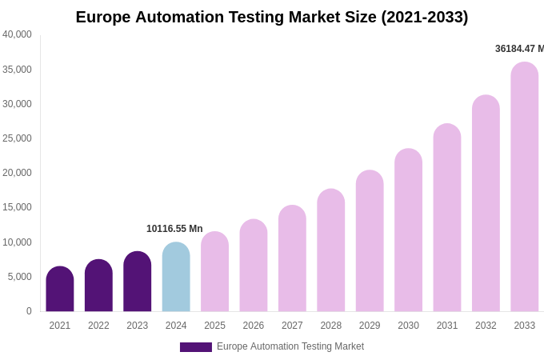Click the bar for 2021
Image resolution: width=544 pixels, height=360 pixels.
(60, 290)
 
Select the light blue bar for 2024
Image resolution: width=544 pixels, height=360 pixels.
(176, 278)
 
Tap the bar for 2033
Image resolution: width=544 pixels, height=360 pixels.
(524, 187)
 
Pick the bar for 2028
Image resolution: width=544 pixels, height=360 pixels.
(331, 250)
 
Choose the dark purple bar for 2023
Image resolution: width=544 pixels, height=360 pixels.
(138, 282)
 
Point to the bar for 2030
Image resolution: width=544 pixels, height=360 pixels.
(408, 230)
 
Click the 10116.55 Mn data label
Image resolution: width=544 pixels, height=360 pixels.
(174, 229)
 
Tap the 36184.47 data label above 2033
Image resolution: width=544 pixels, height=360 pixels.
(519, 49)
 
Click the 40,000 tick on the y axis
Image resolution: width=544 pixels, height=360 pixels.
(17, 34)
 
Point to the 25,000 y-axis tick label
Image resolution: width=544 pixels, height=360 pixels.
(17, 138)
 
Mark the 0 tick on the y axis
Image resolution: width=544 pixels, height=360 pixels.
(29, 311)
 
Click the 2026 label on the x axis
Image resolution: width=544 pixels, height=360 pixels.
(254, 326)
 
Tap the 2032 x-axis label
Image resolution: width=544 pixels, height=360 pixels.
(486, 326)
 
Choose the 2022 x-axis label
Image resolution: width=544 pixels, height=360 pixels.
(98, 326)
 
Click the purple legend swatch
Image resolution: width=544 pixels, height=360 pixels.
(196, 347)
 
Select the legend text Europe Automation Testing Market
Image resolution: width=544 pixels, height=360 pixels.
(290, 346)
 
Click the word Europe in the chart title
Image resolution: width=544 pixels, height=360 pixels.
(103, 17)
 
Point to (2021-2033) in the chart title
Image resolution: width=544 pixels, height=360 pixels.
(424, 17)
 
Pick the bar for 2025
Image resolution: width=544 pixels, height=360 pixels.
(214, 272)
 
